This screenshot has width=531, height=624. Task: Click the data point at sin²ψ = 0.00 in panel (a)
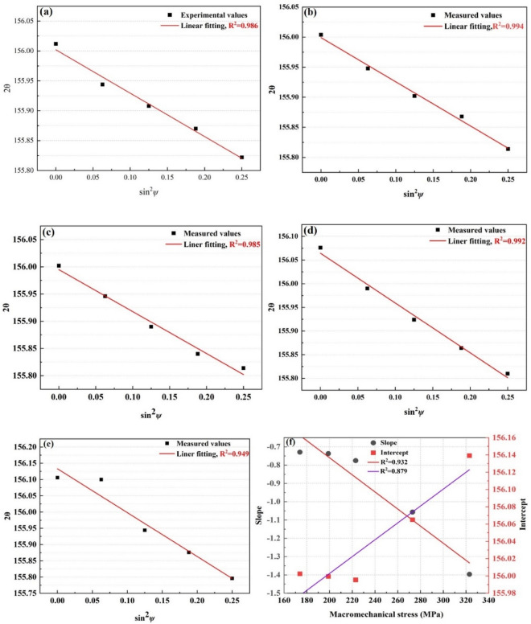point(56,43)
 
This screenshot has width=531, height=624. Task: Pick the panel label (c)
point(50,232)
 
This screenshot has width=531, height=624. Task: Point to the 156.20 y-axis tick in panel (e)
point(23,445)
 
